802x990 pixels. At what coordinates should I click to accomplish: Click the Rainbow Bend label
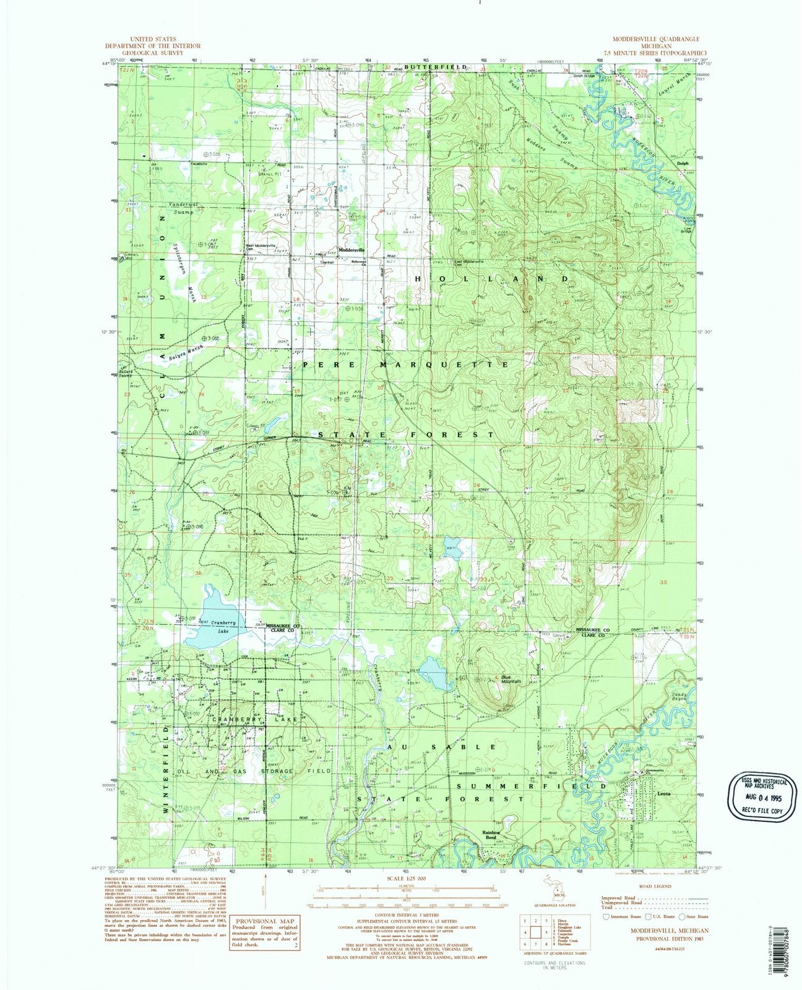coord(491,835)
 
